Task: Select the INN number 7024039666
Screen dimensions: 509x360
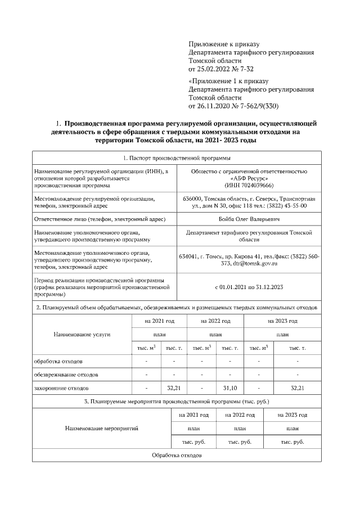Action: click(256, 184)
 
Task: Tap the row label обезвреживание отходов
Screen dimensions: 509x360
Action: click(66, 374)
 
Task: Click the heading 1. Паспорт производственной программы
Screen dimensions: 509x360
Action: click(177, 158)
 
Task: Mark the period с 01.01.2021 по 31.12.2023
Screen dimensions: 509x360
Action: click(249, 287)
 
